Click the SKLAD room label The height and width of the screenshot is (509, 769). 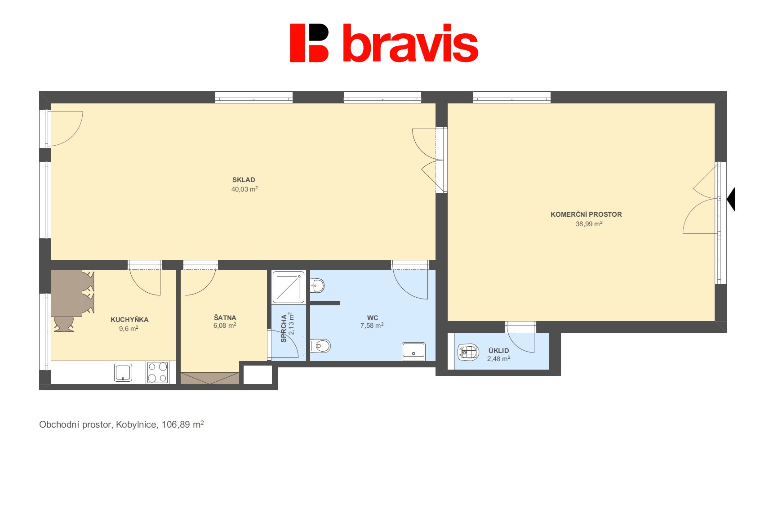coord(244,180)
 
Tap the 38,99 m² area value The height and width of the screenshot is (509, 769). coord(589,224)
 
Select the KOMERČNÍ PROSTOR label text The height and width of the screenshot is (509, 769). coord(586,214)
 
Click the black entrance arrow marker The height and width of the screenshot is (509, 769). coord(731,199)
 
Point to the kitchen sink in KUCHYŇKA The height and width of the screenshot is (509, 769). coord(123,373)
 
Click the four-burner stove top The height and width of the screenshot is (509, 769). coord(157,372)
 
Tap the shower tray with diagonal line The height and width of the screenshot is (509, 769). coord(289,287)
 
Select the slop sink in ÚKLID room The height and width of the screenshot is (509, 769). coord(468,352)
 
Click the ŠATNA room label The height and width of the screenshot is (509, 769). coord(225,317)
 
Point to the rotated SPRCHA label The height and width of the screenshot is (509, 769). coord(284,328)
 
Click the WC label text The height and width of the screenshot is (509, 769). coord(372,317)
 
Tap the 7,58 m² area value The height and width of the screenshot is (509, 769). coord(372,326)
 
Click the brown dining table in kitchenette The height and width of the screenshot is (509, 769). coord(66,293)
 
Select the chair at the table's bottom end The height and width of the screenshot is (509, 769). coord(63,324)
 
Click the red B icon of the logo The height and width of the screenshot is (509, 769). coord(309,43)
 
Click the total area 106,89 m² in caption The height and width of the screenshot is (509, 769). coord(182,424)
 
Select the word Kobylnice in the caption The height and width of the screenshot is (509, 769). coord(137,424)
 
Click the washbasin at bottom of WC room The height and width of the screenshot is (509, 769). coord(413,352)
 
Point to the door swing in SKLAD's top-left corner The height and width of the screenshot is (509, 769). coord(66,128)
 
